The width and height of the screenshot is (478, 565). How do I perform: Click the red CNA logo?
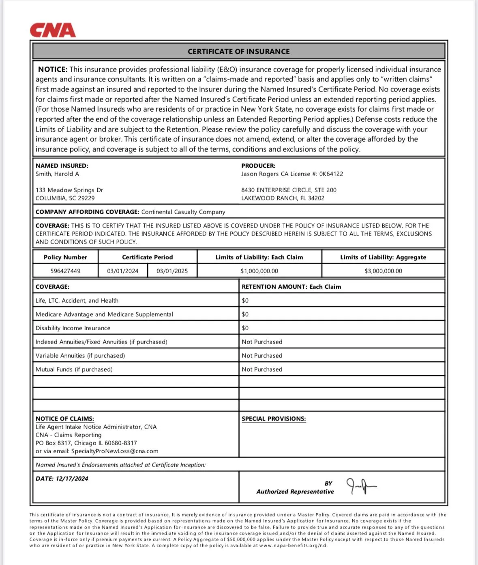click(x=53, y=30)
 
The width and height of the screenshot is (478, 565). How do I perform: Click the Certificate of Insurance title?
click(x=238, y=51)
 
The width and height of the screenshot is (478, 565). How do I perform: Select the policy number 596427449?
click(x=65, y=271)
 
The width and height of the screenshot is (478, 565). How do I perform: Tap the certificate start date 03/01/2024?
click(x=122, y=271)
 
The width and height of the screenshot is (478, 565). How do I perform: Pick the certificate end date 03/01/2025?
click(x=172, y=271)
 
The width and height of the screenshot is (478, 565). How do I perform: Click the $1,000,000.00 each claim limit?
click(x=259, y=271)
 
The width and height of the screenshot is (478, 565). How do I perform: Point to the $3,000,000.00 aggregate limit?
click(x=383, y=271)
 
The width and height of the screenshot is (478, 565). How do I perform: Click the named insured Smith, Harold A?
click(x=57, y=174)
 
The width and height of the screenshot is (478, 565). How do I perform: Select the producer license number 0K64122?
click(x=331, y=174)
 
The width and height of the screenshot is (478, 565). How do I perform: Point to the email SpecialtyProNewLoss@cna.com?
click(x=115, y=451)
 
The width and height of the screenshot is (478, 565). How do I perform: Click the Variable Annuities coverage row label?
click(x=80, y=355)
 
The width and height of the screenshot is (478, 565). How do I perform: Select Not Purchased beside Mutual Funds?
click(x=262, y=369)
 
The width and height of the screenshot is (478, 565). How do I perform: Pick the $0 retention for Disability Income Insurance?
click(x=245, y=328)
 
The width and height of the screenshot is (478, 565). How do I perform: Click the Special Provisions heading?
click(x=274, y=418)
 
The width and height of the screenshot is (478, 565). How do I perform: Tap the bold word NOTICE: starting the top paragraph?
click(x=53, y=69)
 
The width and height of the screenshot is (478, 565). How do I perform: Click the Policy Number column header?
click(x=65, y=257)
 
